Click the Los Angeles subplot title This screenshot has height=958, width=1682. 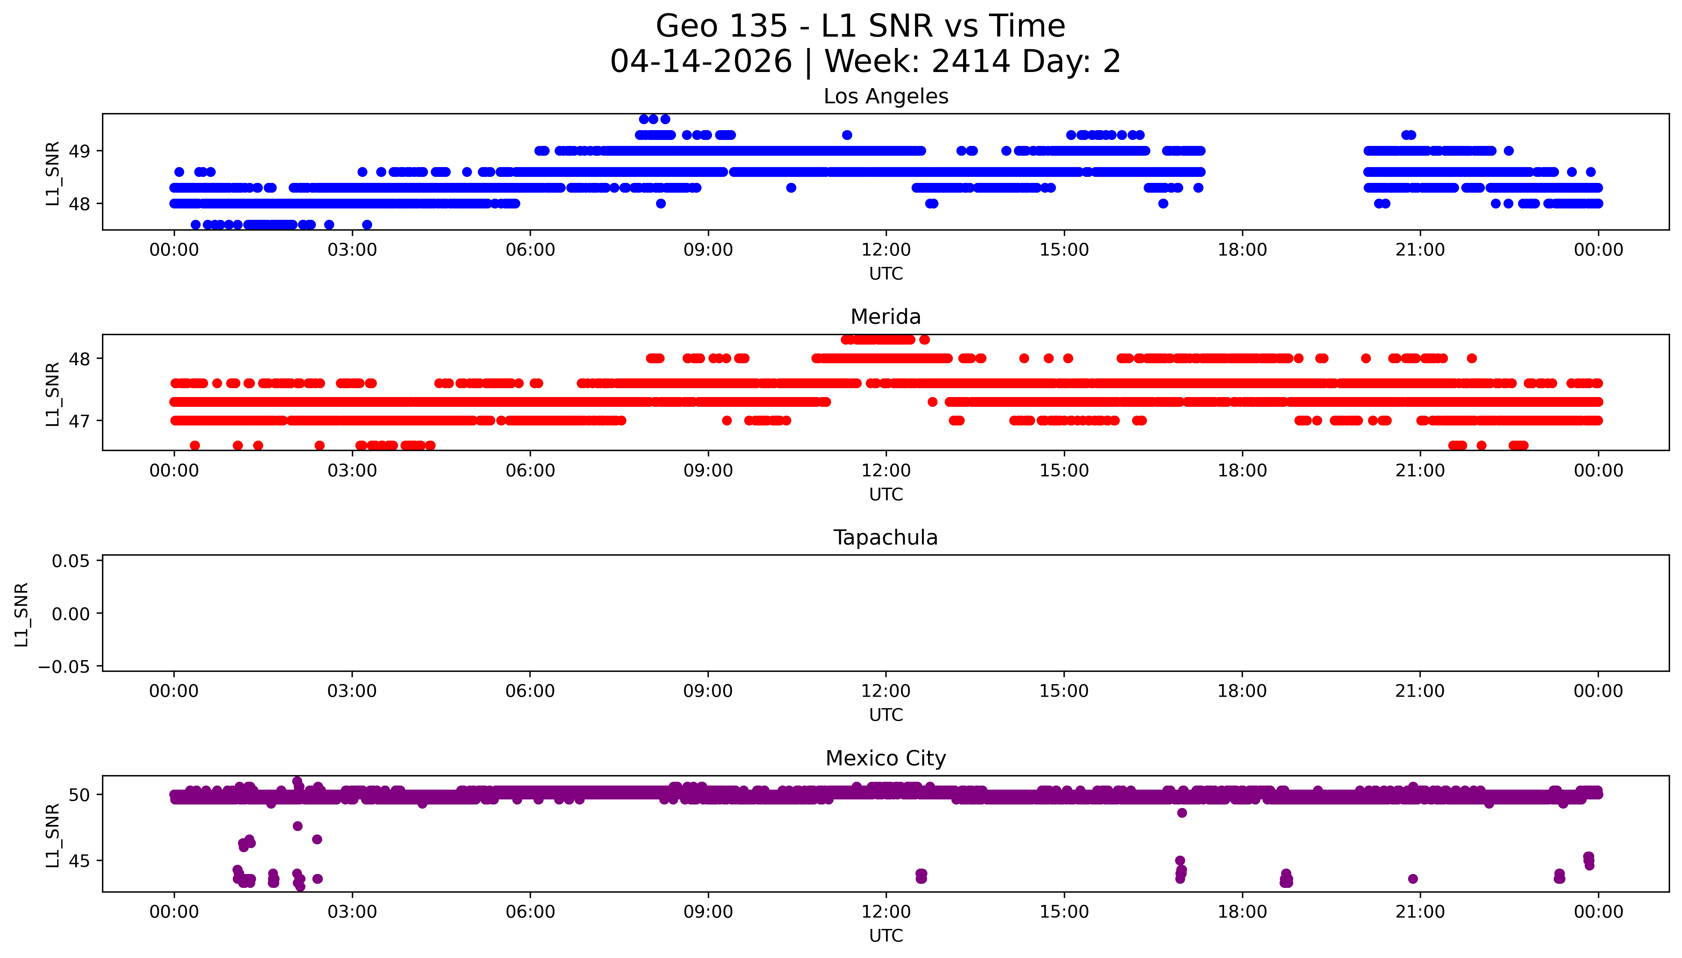pyautogui.click(x=885, y=97)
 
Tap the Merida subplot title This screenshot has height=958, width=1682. pyautogui.click(x=885, y=317)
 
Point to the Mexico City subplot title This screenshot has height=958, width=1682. pyautogui.click(x=885, y=759)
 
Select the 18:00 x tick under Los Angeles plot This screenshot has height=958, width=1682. pyautogui.click(x=1242, y=250)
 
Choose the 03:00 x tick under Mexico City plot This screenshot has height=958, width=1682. pyautogui.click(x=352, y=912)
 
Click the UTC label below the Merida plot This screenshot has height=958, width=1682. pyautogui.click(x=885, y=495)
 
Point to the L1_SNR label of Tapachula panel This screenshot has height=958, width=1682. pyautogui.click(x=22, y=614)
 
